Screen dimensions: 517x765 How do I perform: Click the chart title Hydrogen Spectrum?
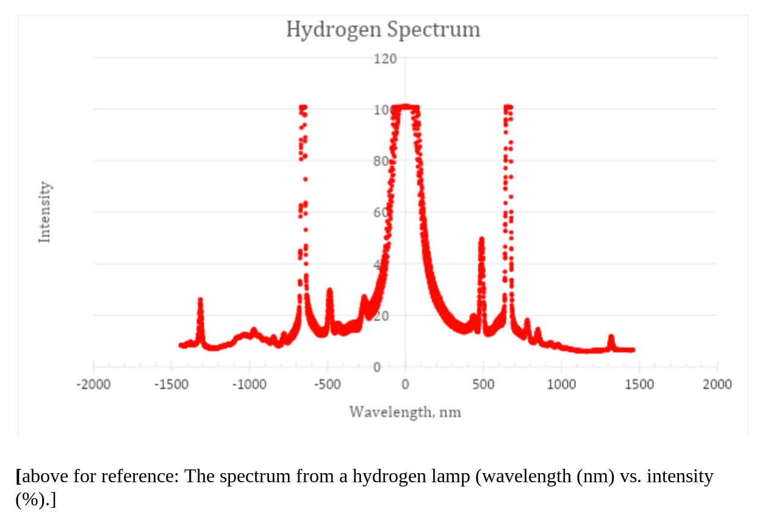click(383, 29)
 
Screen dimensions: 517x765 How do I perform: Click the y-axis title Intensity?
click(45, 212)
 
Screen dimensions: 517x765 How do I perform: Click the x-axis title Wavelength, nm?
click(405, 412)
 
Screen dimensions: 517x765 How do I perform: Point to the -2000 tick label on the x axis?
click(93, 384)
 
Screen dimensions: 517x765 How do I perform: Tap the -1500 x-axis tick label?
click(171, 384)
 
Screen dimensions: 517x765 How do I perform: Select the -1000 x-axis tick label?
click(250, 384)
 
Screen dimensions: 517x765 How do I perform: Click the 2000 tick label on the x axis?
click(717, 384)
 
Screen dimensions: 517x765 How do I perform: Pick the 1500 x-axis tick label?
click(639, 384)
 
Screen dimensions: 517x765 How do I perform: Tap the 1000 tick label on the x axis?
click(561, 384)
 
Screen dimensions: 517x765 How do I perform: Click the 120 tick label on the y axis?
click(386, 59)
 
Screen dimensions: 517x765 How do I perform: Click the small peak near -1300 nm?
click(200, 301)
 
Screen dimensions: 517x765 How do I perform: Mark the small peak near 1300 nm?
click(611, 337)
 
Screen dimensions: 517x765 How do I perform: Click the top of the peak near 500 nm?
click(481, 240)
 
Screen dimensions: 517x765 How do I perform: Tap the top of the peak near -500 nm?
click(329, 290)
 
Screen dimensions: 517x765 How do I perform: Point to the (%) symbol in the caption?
click(30, 500)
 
